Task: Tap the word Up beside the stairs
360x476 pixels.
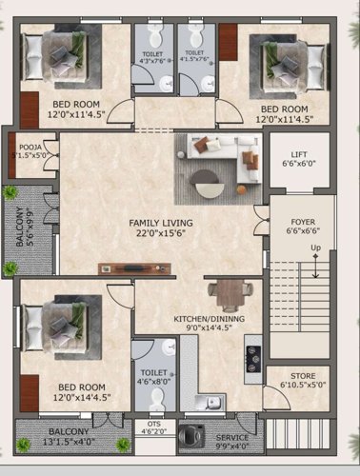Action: pos(315,249)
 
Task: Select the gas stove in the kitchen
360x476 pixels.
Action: pos(254,357)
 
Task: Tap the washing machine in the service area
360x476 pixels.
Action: pos(193,438)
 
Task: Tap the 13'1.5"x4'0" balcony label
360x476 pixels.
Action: pos(69,436)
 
